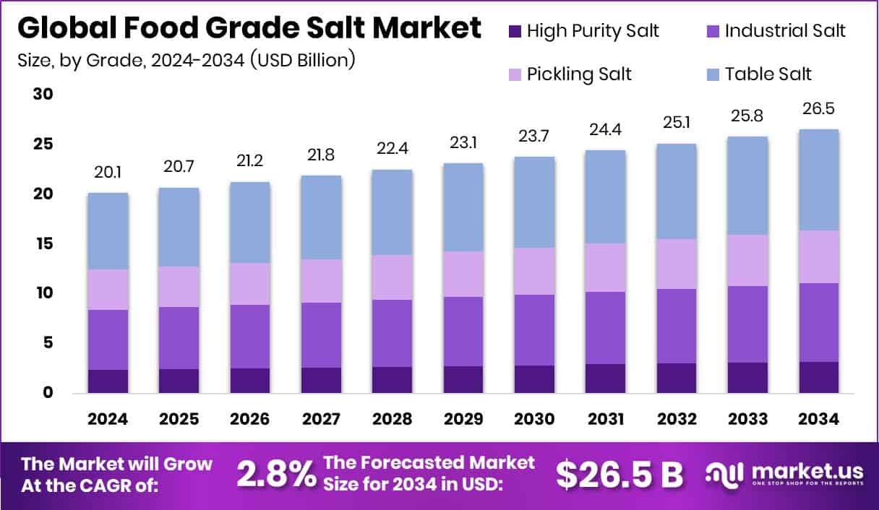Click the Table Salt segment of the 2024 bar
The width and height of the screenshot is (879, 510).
pyautogui.click(x=108, y=231)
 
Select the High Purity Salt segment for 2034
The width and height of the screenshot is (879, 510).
pyautogui.click(x=818, y=377)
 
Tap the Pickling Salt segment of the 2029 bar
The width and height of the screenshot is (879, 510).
pyautogui.click(x=463, y=274)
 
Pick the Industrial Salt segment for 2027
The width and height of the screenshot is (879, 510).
pyautogui.click(x=321, y=335)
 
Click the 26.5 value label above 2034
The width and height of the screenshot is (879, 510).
pyautogui.click(x=818, y=108)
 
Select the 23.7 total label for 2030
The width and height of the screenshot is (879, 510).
pyautogui.click(x=533, y=135)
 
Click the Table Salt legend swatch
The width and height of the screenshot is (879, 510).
pyautogui.click(x=712, y=74)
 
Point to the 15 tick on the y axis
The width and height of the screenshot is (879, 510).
pyautogui.click(x=43, y=244)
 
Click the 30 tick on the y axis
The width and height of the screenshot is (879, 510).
pyautogui.click(x=43, y=95)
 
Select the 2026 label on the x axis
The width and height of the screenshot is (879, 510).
pyautogui.click(x=250, y=420)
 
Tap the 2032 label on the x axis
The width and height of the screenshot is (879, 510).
pyautogui.click(x=675, y=420)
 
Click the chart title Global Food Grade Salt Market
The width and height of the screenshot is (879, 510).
pyautogui.click(x=249, y=28)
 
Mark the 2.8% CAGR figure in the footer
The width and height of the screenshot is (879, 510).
pyautogui.click(x=276, y=475)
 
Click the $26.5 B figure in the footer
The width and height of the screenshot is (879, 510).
pyautogui.click(x=619, y=475)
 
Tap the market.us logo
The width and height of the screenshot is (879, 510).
pyautogui.click(x=784, y=475)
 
